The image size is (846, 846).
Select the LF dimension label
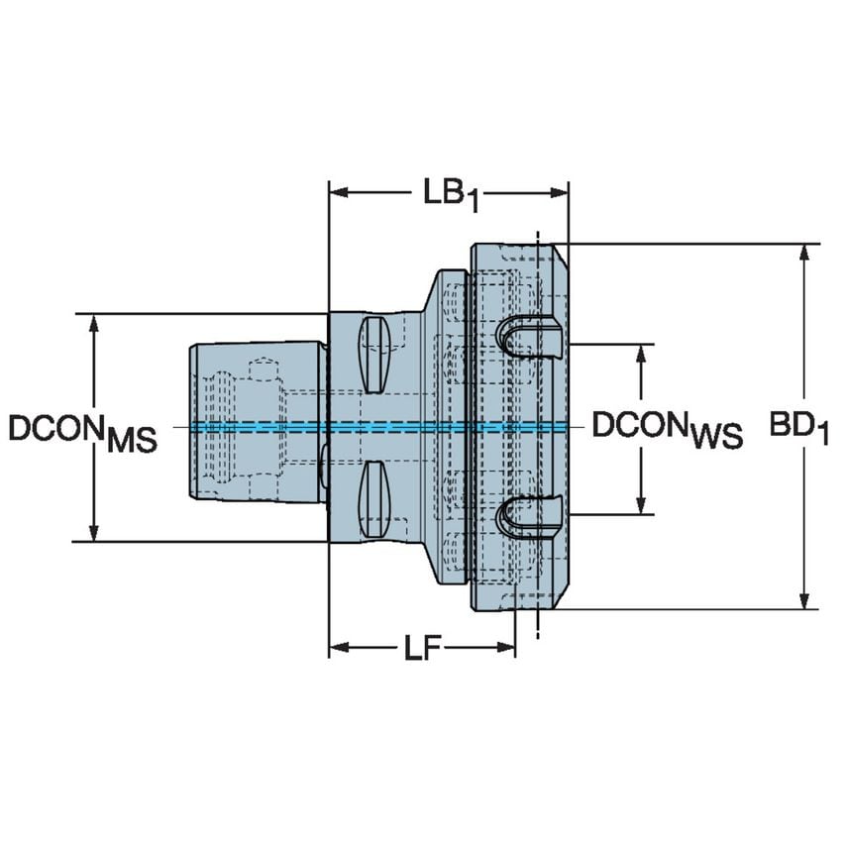422,650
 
